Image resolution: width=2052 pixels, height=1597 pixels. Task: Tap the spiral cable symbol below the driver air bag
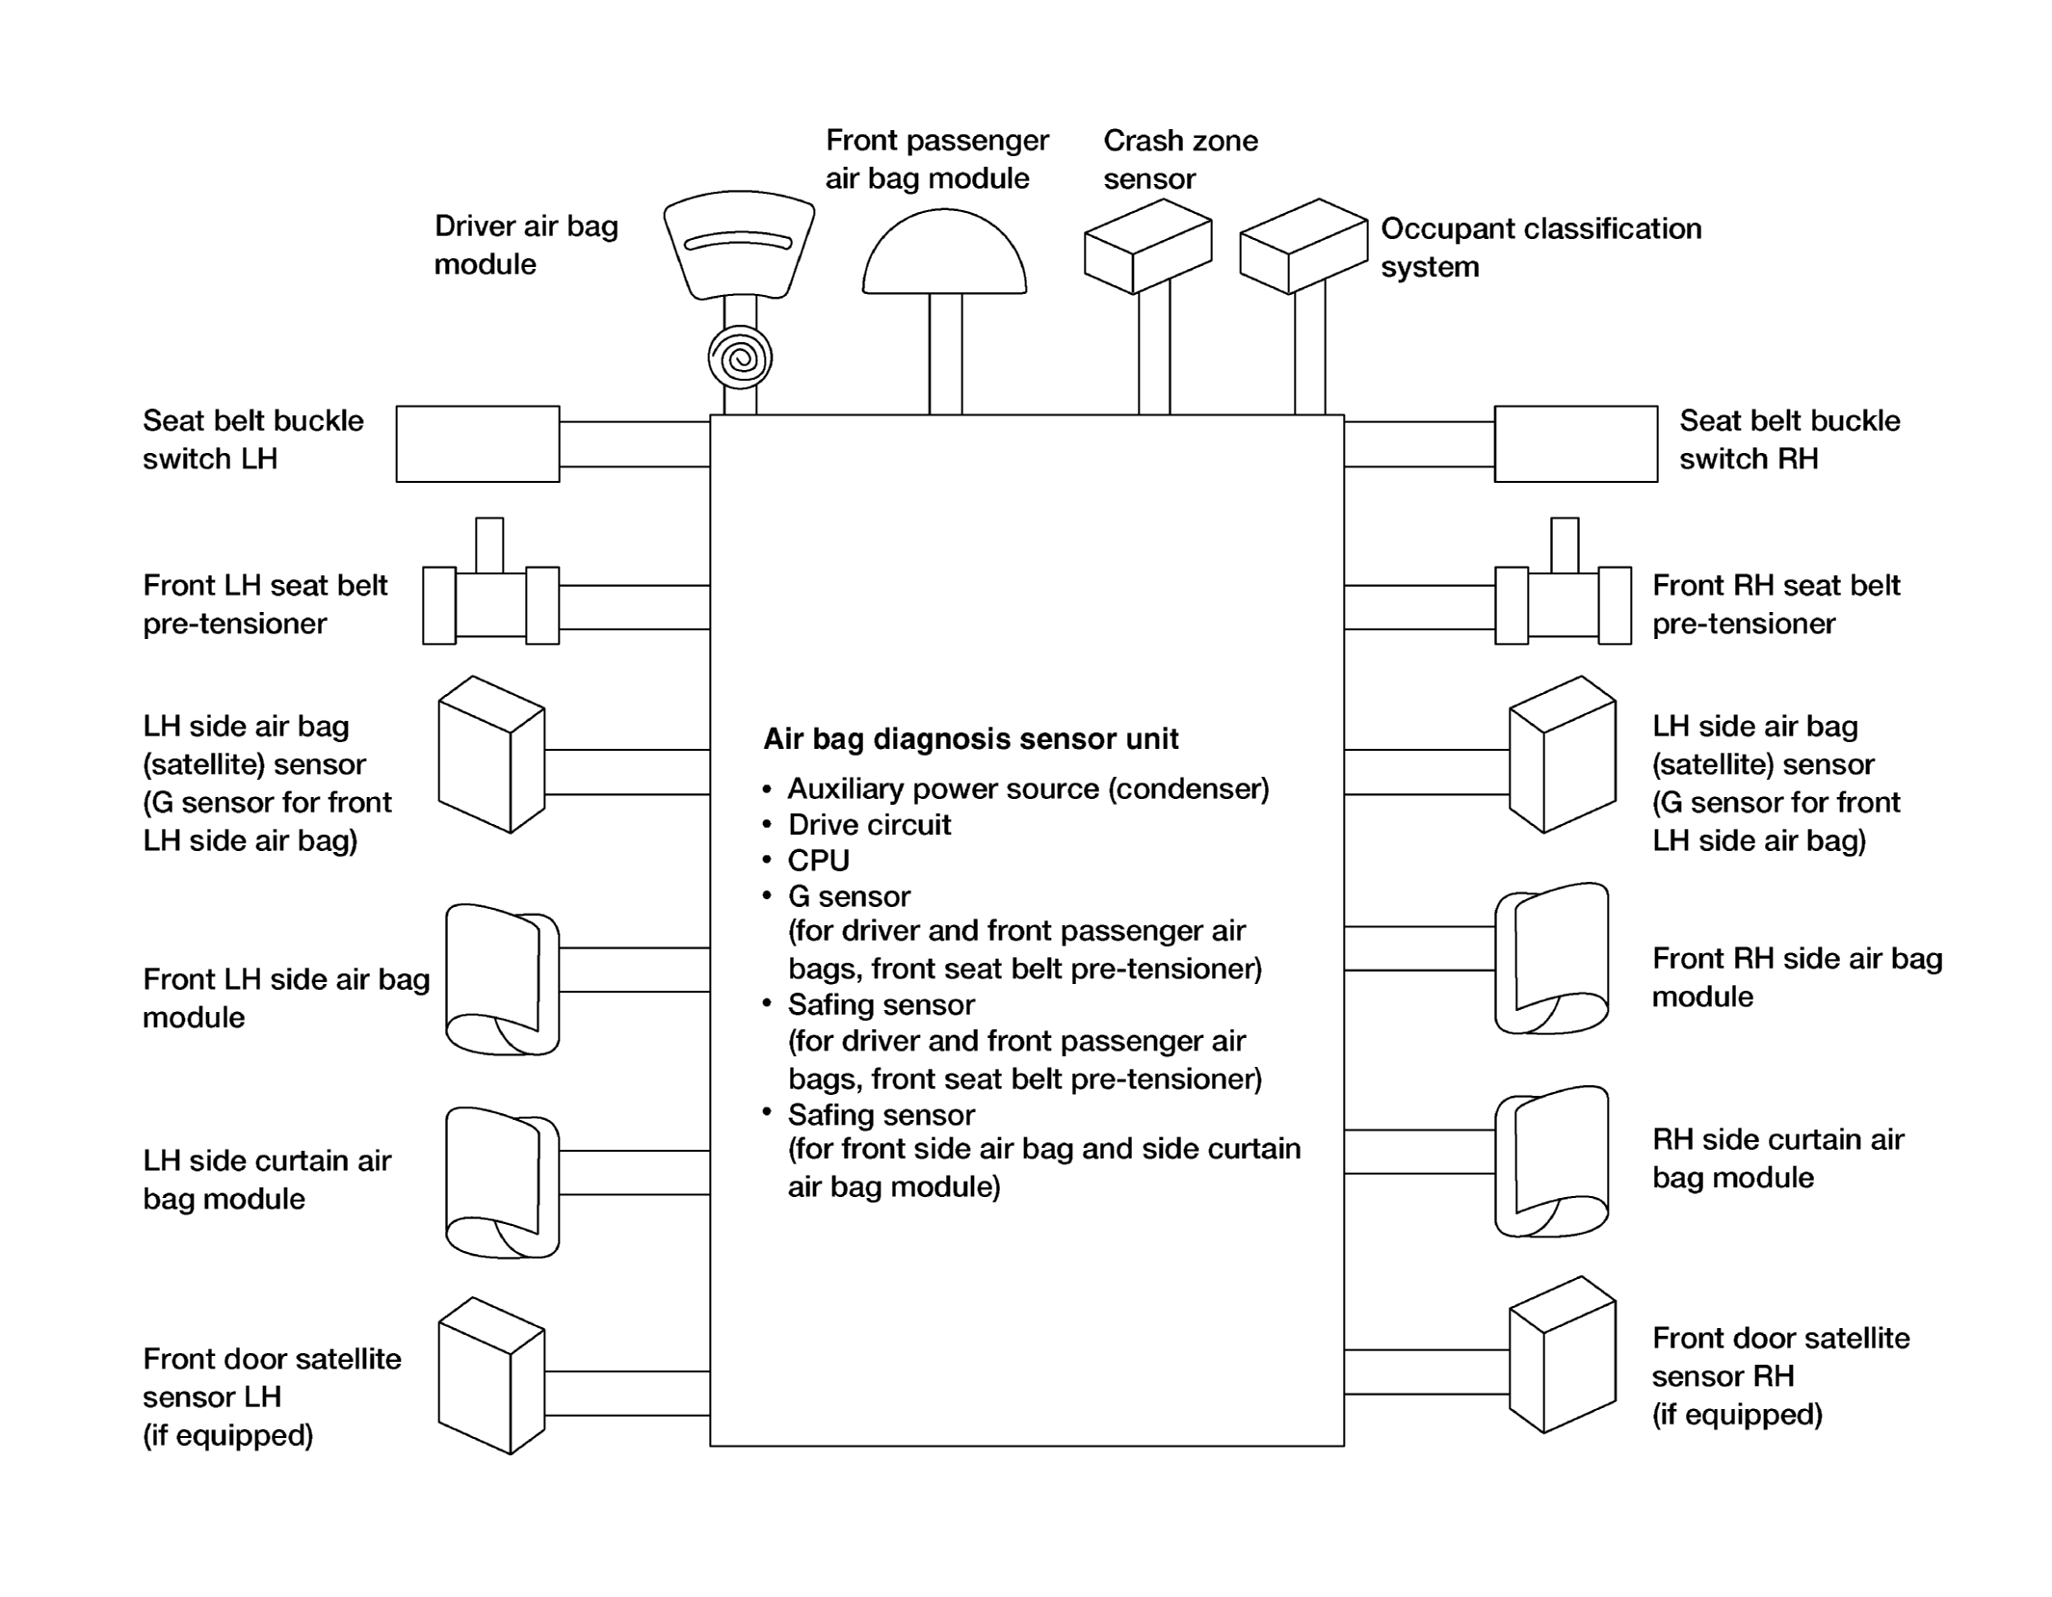740,359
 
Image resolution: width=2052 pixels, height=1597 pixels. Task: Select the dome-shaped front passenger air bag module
944,252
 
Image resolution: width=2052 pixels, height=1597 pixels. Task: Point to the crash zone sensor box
1147,246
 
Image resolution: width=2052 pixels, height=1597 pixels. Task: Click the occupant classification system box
1302,246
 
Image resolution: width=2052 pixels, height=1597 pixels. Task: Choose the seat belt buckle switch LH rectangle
478,443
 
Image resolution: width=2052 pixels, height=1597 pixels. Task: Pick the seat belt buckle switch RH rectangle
1576,443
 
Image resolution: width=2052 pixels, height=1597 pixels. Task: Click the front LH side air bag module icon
502,979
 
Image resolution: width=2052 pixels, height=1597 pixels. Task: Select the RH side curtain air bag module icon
1552,1161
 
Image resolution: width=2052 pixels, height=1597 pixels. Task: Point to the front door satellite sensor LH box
491,1375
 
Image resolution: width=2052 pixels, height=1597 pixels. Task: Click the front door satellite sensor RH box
1563,1354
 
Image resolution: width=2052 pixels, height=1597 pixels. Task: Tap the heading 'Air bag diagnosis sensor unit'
971,739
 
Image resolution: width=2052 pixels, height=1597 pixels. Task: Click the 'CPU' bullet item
818,861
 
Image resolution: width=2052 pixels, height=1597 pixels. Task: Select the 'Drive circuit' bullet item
869,825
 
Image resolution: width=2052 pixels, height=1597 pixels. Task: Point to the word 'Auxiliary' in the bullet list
846,789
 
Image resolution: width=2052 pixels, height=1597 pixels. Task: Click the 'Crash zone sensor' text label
1180,160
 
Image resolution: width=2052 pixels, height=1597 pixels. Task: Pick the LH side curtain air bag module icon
502,1183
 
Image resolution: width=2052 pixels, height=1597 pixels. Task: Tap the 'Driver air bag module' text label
526,245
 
